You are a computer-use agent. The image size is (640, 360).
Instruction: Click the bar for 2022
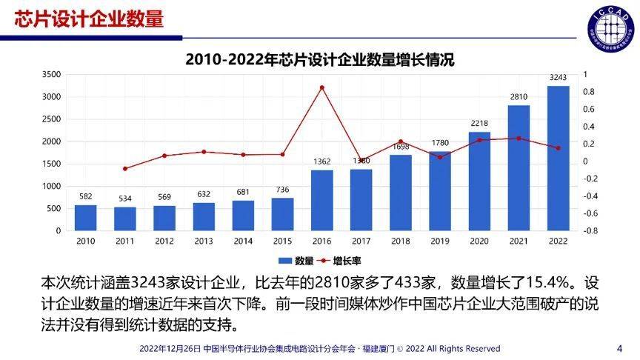[559, 159]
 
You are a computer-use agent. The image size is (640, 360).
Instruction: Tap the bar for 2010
[85, 218]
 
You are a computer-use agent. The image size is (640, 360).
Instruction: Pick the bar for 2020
[479, 181]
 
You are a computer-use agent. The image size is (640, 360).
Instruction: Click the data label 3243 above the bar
[559, 77]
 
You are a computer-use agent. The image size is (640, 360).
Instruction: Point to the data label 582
[85, 196]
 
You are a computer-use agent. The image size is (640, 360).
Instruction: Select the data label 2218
[479, 123]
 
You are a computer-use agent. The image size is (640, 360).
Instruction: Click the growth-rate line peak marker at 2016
[321, 87]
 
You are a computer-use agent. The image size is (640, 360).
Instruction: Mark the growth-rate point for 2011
[124, 169]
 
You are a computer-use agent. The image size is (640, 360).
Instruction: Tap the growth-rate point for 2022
[559, 148]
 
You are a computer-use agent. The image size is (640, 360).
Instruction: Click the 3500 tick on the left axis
[51, 75]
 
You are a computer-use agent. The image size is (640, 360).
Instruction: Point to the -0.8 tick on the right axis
[590, 231]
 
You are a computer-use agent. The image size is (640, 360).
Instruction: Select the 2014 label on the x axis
[243, 241]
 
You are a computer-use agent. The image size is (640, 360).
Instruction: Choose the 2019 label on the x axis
[440, 241]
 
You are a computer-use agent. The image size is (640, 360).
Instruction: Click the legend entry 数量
[296, 261]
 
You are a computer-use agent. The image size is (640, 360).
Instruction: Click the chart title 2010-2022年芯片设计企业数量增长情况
[319, 60]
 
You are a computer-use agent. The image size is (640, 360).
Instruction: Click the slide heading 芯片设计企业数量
[90, 19]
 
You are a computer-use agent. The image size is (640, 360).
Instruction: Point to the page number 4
[619, 348]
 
